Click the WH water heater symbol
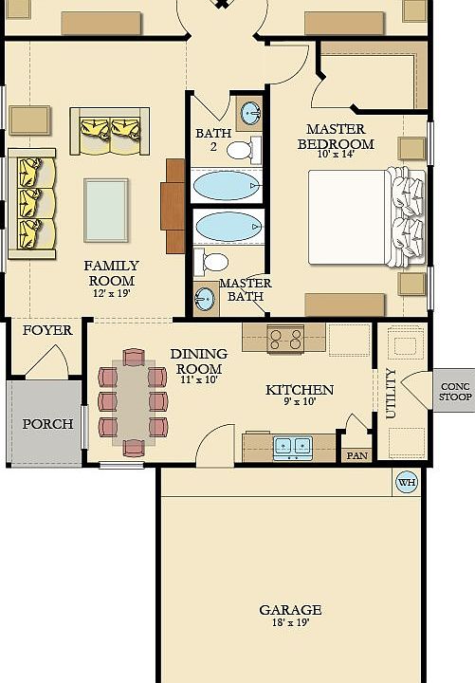407,482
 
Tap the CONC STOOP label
455,392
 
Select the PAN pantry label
357,455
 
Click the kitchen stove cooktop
285,340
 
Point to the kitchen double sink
292,448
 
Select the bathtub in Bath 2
227,185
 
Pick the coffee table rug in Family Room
106,210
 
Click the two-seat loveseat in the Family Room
110,131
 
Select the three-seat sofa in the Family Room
32,203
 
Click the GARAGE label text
290,609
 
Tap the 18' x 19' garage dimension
290,622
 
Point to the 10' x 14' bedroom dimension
336,154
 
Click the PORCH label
48,424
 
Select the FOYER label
47,330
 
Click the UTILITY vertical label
391,394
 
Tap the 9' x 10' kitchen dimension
300,401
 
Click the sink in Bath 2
250,112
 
